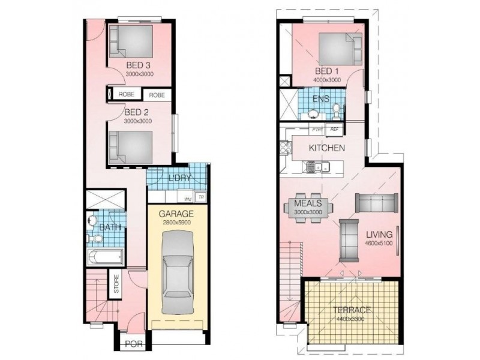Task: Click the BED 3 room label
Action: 138,65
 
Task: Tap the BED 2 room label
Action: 137,112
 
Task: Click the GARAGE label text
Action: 176,214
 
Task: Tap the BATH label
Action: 109,227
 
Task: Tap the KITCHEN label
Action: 326,148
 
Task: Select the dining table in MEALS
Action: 310,208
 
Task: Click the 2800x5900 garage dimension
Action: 176,223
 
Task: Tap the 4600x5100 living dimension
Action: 378,243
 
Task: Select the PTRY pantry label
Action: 317,129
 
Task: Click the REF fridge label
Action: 334,129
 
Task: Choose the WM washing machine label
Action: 188,199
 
